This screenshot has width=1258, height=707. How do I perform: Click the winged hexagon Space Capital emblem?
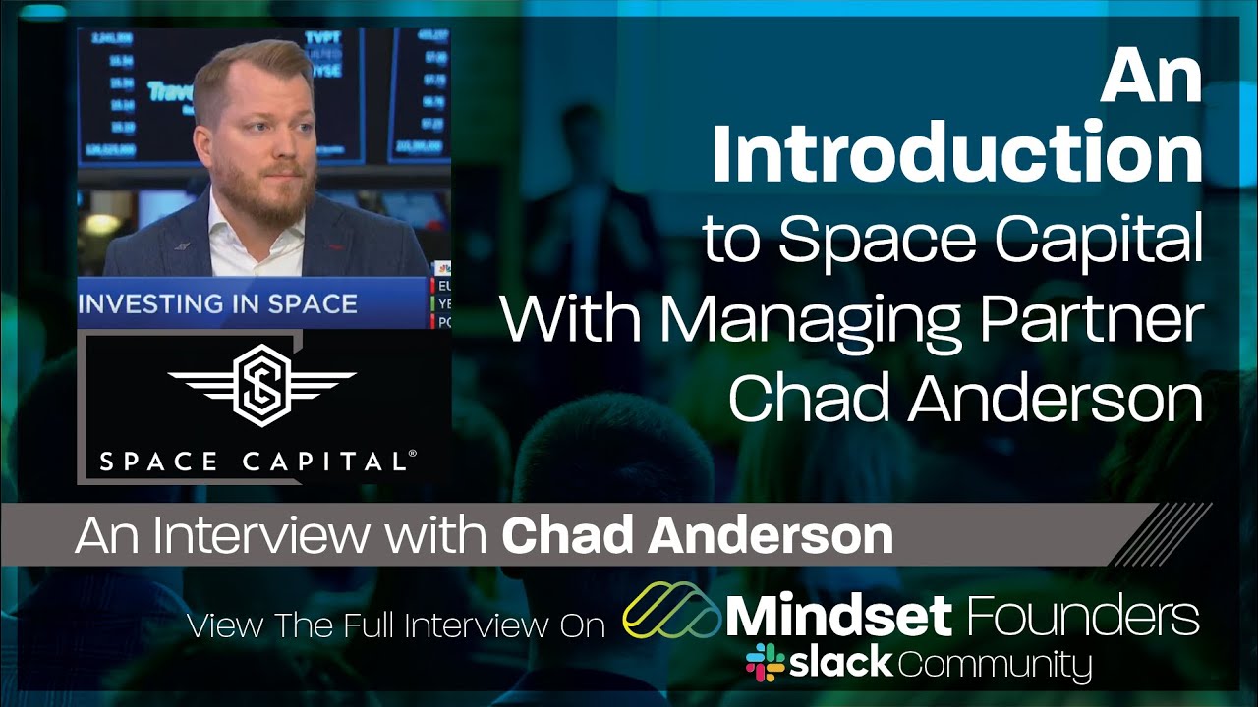point(261,380)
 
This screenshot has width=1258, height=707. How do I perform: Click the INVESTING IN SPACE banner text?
point(217,303)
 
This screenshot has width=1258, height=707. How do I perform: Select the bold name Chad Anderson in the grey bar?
point(697,536)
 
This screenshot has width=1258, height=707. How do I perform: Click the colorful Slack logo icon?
point(765,663)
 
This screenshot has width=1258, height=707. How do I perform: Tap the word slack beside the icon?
point(841,663)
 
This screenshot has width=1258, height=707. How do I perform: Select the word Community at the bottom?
point(995,665)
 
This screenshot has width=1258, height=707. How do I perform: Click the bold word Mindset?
point(838,616)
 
